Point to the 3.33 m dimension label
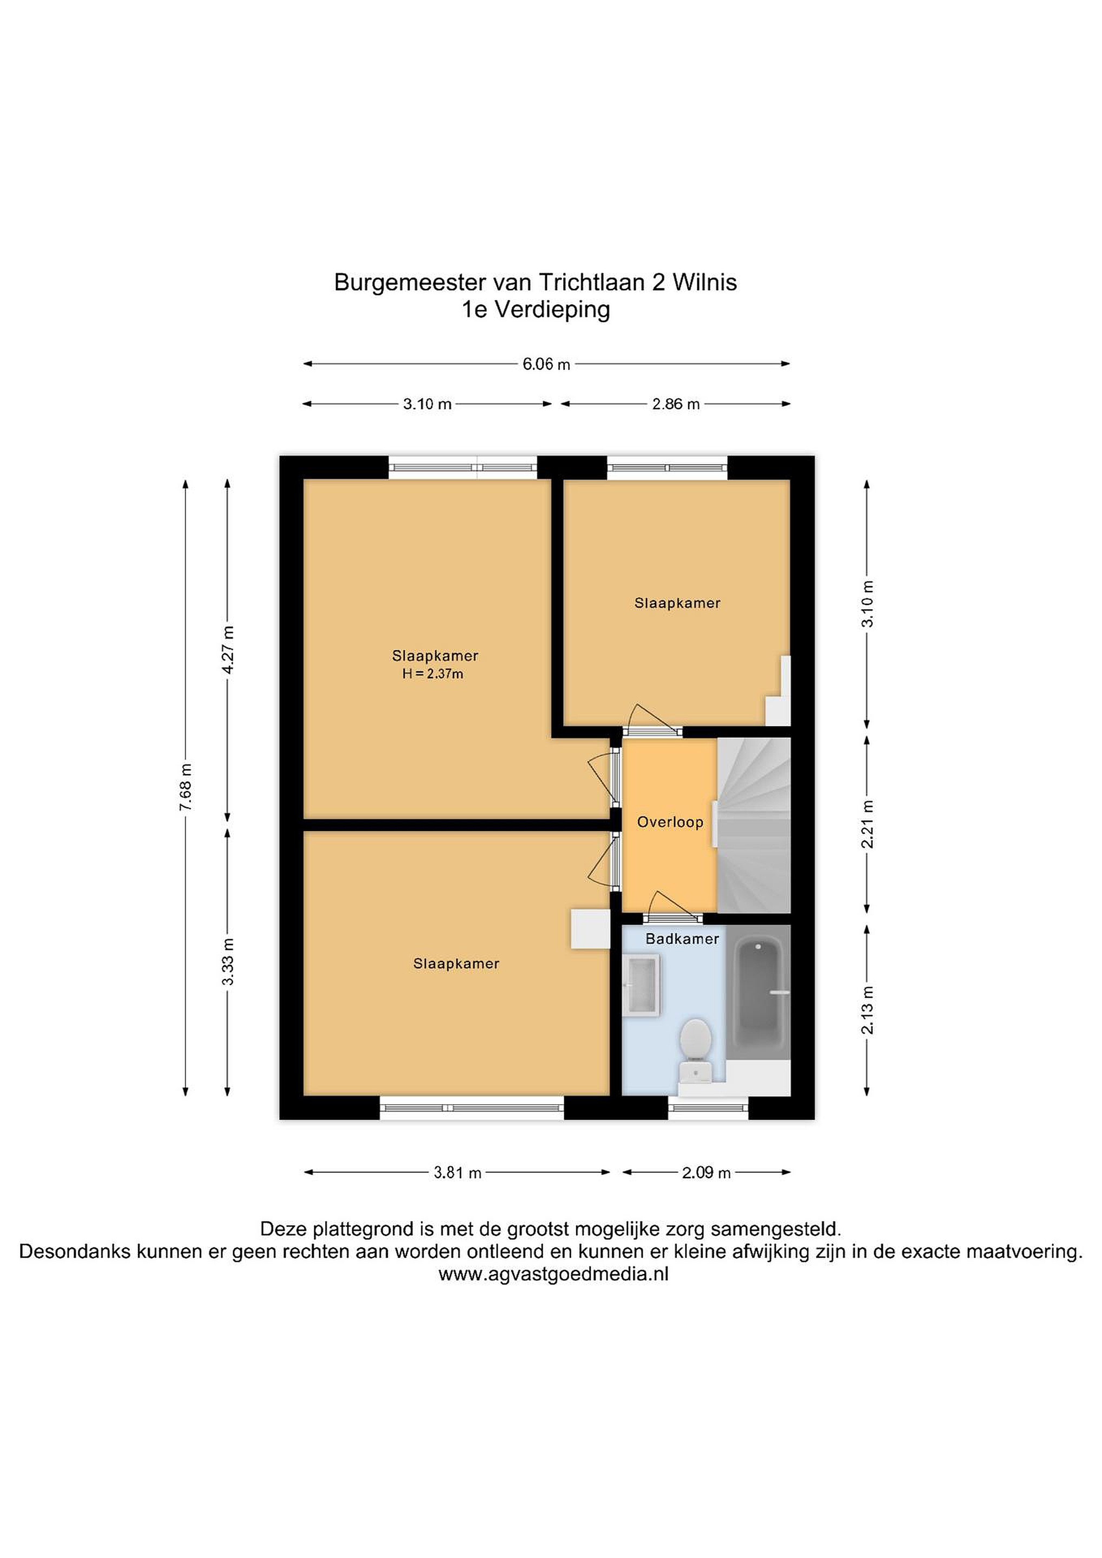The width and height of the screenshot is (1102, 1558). click(x=228, y=961)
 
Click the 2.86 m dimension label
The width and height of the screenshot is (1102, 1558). click(x=676, y=405)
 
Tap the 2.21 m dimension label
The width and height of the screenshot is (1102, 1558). click(x=867, y=824)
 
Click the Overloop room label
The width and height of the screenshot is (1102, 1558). click(x=670, y=822)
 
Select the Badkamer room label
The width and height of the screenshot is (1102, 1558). click(x=682, y=939)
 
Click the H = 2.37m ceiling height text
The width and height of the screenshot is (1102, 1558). click(x=433, y=674)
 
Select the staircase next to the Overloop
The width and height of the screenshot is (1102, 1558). click(x=754, y=825)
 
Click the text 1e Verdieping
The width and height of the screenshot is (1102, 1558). click(x=536, y=309)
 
